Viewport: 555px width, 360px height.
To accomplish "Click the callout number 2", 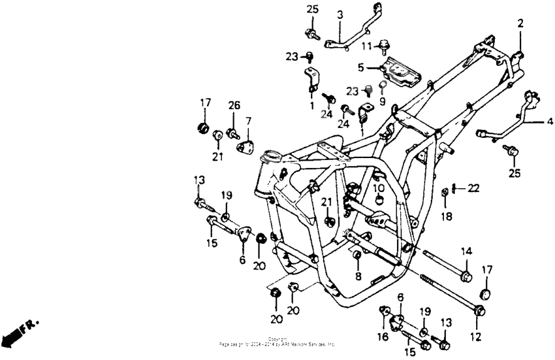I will tap(520, 24).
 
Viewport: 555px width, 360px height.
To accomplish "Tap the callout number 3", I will tap(340, 14).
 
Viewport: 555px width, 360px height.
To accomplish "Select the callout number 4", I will tap(549, 122).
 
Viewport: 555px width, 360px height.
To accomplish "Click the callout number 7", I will tap(248, 121).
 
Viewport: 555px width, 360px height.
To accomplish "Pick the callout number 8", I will tap(358, 276).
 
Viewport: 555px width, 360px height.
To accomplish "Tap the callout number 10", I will tap(378, 188).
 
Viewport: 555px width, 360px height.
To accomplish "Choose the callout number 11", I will tap(367, 45).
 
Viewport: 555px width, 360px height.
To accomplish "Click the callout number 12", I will tap(475, 337).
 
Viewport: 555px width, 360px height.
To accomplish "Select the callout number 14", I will tap(466, 252).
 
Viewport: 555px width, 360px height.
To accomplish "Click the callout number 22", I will tap(473, 188).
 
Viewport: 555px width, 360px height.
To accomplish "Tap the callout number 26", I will tap(233, 106).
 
